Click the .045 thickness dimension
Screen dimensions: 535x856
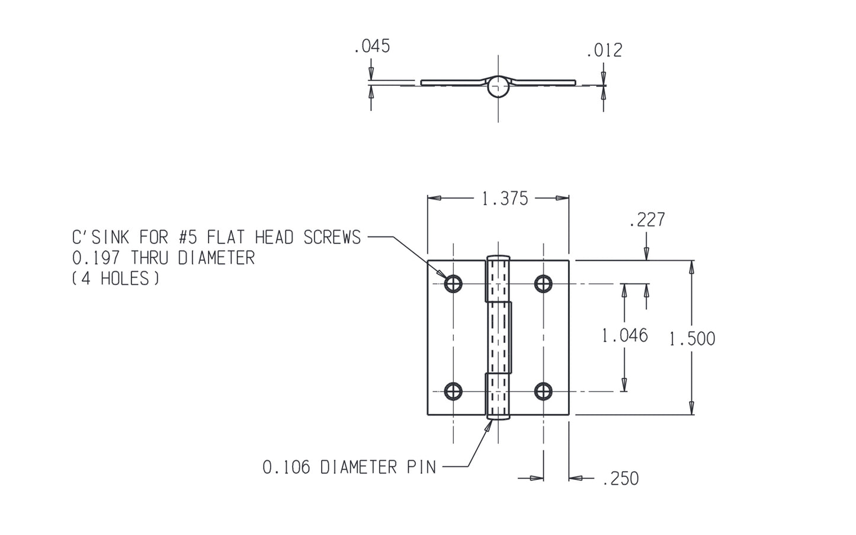tap(372, 47)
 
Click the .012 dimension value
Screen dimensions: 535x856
tap(604, 51)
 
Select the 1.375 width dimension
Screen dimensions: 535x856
tap(505, 198)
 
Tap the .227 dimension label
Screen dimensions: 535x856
tap(647, 220)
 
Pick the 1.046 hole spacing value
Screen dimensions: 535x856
tap(624, 336)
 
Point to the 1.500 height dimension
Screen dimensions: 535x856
tap(692, 339)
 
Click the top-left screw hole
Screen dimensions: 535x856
tap(454, 284)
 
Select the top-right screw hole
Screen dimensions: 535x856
tap(543, 284)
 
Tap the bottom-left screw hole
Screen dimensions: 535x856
tap(454, 391)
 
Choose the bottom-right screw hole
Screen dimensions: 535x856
tap(543, 391)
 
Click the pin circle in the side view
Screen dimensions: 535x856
tap(499, 87)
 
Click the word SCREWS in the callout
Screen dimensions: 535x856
tap(332, 238)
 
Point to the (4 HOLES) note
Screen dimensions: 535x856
tap(116, 279)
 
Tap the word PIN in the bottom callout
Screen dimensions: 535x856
tap(421, 467)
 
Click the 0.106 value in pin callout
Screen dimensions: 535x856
tap(286, 467)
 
